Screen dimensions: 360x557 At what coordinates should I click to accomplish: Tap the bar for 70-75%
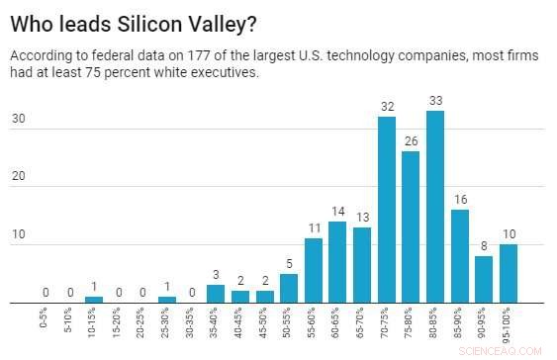[x=387, y=209]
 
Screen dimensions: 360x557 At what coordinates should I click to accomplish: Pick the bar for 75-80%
[x=411, y=226]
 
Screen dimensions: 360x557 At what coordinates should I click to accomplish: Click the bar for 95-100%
[x=509, y=272]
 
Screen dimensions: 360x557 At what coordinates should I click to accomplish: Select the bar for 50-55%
[x=289, y=287]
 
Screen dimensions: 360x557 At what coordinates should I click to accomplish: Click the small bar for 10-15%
[x=94, y=299]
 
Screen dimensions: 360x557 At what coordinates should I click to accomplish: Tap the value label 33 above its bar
[x=434, y=102]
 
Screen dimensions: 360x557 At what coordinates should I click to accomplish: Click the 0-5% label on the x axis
[x=46, y=318]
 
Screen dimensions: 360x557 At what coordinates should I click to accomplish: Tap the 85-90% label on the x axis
[x=459, y=322]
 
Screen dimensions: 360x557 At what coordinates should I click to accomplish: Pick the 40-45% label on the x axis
[x=240, y=322]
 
